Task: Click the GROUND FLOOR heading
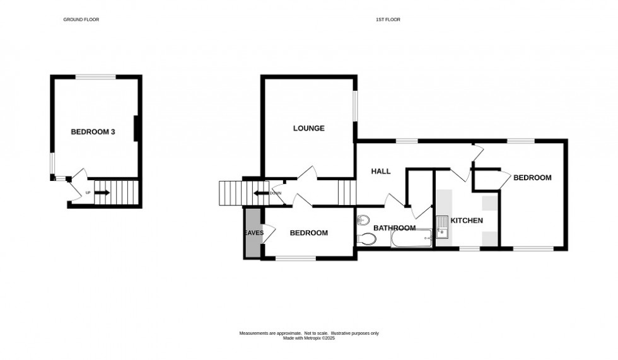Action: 81,20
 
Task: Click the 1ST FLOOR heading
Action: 388,20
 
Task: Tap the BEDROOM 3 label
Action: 93,132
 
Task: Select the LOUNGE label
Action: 308,128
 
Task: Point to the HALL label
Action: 380,171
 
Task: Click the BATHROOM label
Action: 394,228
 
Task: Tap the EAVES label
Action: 254,233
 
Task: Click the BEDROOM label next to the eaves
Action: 308,233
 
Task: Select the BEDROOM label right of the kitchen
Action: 532,178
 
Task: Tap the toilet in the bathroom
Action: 367,238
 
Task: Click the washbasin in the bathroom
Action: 363,220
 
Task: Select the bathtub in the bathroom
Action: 411,239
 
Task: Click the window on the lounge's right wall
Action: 354,106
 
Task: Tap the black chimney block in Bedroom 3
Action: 136,128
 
